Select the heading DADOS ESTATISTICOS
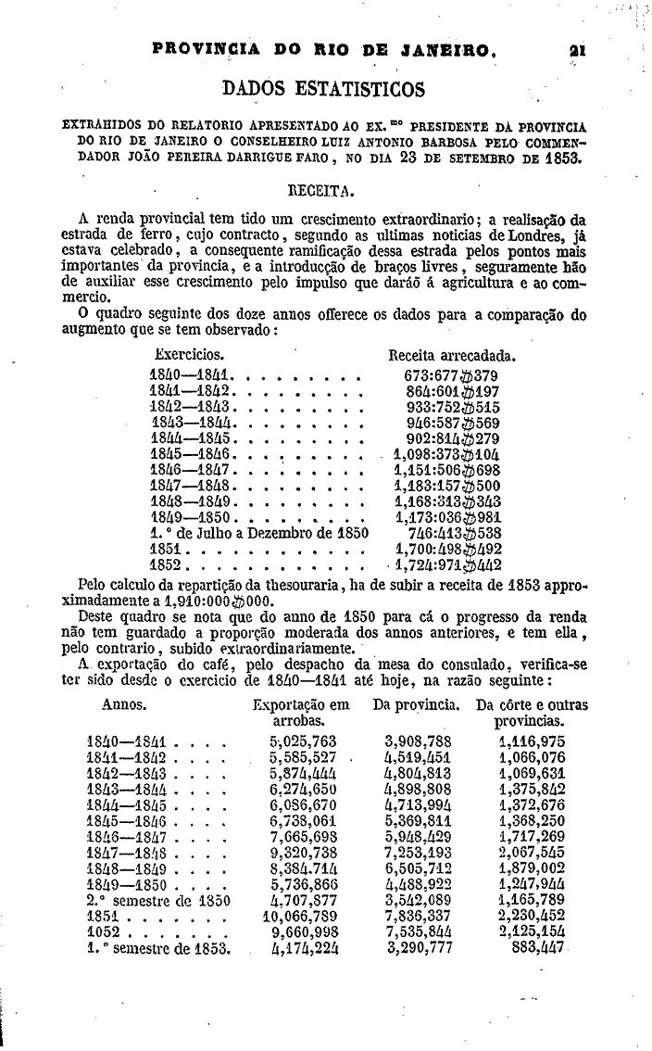tap(324, 89)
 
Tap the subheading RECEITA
tap(323, 191)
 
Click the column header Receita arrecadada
tap(451, 355)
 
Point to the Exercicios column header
tap(189, 355)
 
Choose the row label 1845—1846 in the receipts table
tap(191, 454)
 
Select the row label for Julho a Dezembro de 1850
tap(259, 533)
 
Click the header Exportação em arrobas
tap(301, 713)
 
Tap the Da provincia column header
tap(417, 705)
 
